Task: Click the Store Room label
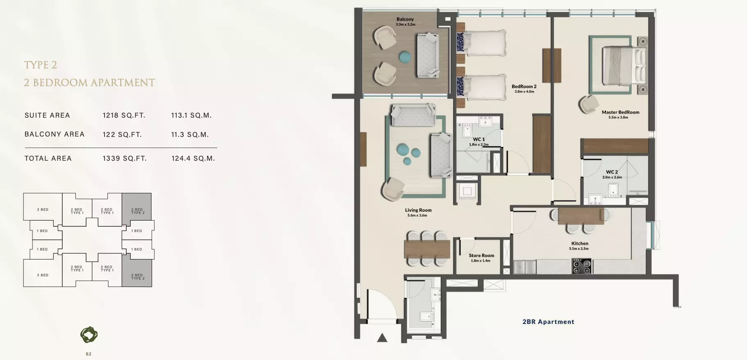[x=481, y=255]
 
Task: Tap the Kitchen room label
[x=580, y=244]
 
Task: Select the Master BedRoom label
[x=620, y=112]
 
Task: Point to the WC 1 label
[x=478, y=139]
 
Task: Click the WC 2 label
[x=612, y=172]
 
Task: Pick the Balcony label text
[x=405, y=19]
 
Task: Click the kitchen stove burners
[x=582, y=266]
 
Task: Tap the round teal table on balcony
[x=405, y=57]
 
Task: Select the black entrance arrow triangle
[x=382, y=337]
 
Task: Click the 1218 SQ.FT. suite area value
[x=124, y=116]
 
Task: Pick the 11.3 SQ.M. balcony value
[x=190, y=134]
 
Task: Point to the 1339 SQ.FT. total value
[x=125, y=158]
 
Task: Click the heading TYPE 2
[x=41, y=65]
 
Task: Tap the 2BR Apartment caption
[x=548, y=322]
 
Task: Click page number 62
[x=89, y=354]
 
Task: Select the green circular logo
[x=89, y=335]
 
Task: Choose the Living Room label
[x=418, y=210]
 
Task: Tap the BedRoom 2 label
[x=524, y=87]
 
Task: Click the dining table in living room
[x=427, y=249]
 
